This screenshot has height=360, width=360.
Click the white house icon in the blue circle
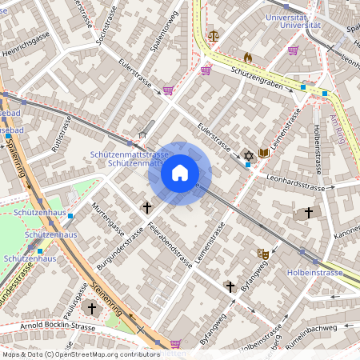click(x=179, y=172)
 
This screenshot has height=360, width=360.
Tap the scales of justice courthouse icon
click(x=213, y=35)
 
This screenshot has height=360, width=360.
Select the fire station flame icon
click(x=248, y=58)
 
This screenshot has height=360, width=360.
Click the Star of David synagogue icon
click(x=248, y=154)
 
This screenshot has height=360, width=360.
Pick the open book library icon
click(x=263, y=153)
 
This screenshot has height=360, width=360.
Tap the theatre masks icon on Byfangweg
click(x=262, y=253)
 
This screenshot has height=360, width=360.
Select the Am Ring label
click(x=335, y=128)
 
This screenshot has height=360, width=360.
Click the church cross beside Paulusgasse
click(x=91, y=308)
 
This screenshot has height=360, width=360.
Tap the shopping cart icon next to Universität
click(x=293, y=50)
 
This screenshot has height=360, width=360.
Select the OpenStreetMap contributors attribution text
click(x=80, y=354)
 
